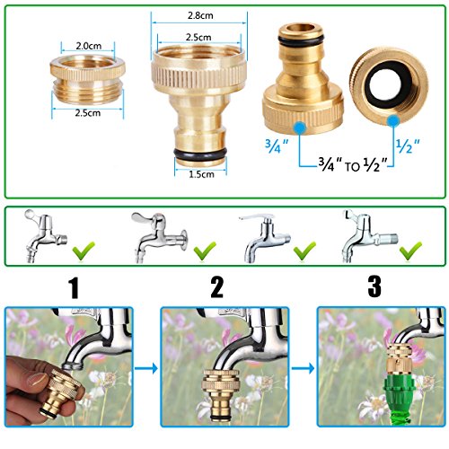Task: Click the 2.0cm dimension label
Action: (x=88, y=46)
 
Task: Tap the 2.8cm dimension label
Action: (x=200, y=15)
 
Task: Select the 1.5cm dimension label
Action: (x=202, y=174)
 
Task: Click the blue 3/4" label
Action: (x=277, y=145)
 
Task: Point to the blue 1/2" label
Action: (x=408, y=145)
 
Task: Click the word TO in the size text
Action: (x=353, y=167)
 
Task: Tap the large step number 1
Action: (x=74, y=287)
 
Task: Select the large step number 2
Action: (x=216, y=287)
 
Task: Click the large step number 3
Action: (x=374, y=286)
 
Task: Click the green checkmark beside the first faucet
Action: (x=84, y=251)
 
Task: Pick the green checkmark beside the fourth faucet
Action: (x=410, y=251)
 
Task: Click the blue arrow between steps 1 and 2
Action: (x=146, y=368)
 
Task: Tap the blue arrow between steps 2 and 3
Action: (x=303, y=368)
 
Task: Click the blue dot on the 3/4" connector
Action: (x=300, y=128)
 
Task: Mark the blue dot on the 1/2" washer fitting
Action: (x=393, y=121)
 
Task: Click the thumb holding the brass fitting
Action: (x=36, y=381)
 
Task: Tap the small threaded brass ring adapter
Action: (x=87, y=79)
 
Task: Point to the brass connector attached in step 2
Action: (x=221, y=395)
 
